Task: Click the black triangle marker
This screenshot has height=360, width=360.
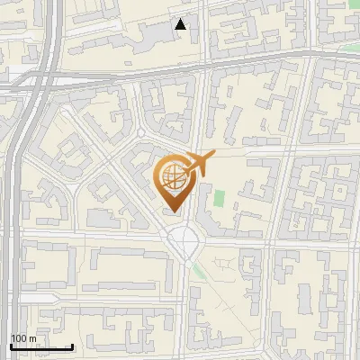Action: pyautogui.click(x=182, y=24)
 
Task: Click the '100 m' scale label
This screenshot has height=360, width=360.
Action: pyautogui.click(x=23, y=338)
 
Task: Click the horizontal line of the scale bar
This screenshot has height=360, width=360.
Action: pyautogui.click(x=41, y=346)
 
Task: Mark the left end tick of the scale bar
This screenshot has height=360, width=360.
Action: pyautogui.click(x=11, y=346)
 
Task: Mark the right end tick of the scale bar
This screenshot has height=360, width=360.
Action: pyautogui.click(x=72, y=346)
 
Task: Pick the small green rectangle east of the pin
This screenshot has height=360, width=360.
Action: pyautogui.click(x=218, y=197)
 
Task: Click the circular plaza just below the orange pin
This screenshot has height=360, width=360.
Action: pyautogui.click(x=185, y=239)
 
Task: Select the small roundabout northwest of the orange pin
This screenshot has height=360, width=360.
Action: pyautogui.click(x=140, y=133)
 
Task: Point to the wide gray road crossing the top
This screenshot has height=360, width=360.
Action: pyautogui.click(x=180, y=70)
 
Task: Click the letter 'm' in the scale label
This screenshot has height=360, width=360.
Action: pyautogui.click(x=32, y=338)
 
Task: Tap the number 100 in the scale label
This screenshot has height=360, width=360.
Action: pyautogui.click(x=19, y=338)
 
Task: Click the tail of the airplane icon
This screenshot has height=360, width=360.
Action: pyautogui.click(x=185, y=170)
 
